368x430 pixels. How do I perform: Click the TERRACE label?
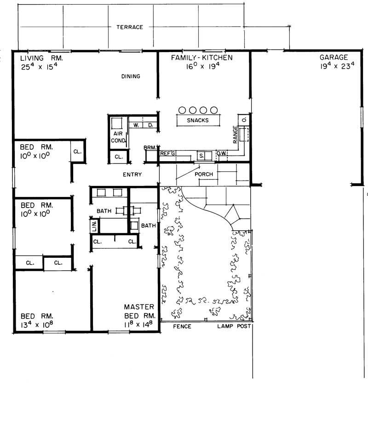click(129, 27)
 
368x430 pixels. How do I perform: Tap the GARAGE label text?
click(333, 58)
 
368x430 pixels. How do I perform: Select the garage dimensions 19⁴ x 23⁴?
click(333, 66)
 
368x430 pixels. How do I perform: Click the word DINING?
click(131, 76)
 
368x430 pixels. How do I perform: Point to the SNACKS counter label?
click(198, 120)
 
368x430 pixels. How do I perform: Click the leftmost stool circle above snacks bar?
click(182, 110)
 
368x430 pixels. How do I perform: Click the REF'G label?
click(168, 154)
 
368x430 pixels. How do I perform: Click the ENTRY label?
click(132, 174)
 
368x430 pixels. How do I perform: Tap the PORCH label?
click(203, 174)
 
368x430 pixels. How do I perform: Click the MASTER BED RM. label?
click(140, 311)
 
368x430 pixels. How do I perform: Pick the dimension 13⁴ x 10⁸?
click(37, 325)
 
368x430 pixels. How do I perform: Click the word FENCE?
click(182, 326)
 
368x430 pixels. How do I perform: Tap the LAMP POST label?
click(234, 326)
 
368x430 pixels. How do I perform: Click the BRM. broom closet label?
click(150, 148)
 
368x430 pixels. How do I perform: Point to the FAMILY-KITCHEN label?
click(202, 58)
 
